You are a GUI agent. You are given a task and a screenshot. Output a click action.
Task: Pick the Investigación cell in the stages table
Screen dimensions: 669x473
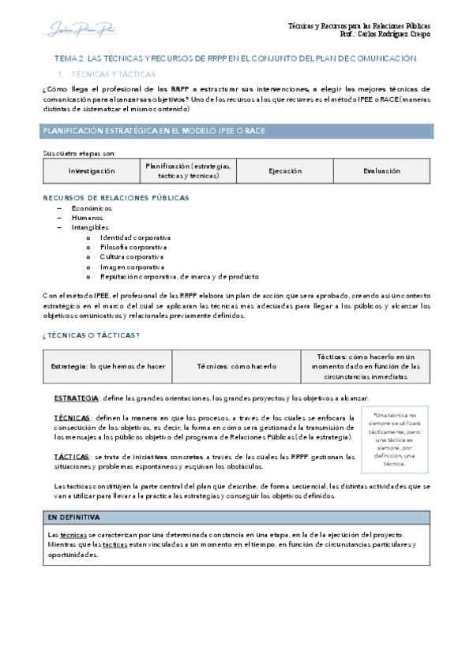[91, 170]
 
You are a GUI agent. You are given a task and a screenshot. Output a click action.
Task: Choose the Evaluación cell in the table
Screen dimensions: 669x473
[381, 170]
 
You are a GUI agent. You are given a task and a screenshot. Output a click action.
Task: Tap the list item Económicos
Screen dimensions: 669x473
[92, 207]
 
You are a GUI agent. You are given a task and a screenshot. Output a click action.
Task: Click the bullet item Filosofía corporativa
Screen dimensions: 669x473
[133, 247]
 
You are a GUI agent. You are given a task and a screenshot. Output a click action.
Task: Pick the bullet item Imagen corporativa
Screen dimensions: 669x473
[131, 267]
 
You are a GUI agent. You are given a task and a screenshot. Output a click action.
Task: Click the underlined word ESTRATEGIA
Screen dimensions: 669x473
[76, 398]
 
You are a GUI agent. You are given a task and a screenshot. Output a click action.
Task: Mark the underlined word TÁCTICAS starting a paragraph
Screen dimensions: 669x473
[71, 457]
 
